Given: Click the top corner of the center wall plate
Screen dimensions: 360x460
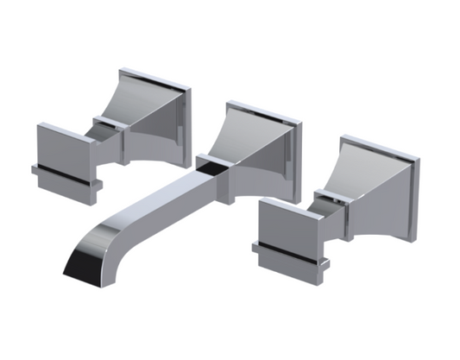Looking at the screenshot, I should pyautogui.click(x=228, y=103).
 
